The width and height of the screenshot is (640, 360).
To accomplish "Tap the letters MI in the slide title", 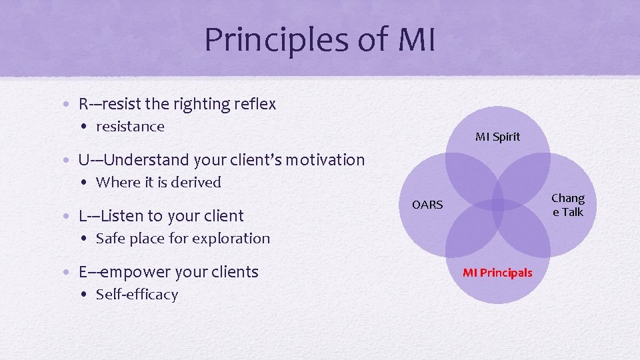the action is tap(416, 40).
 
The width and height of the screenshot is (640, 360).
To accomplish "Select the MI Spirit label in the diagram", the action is tap(497, 137).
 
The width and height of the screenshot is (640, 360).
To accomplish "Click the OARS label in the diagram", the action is tap(427, 205).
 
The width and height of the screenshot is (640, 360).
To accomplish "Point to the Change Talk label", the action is tap(568, 205).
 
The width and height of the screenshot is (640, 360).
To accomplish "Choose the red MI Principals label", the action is tap(497, 272).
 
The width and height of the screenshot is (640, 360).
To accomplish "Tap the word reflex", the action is tap(255, 104).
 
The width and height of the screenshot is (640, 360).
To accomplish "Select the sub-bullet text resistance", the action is tap(130, 127).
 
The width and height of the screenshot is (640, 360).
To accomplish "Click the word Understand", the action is tap(147, 160).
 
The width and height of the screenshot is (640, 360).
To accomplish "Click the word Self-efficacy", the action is tap(137, 294).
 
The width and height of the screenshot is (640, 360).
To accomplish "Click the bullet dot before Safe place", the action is tap(87, 239).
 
